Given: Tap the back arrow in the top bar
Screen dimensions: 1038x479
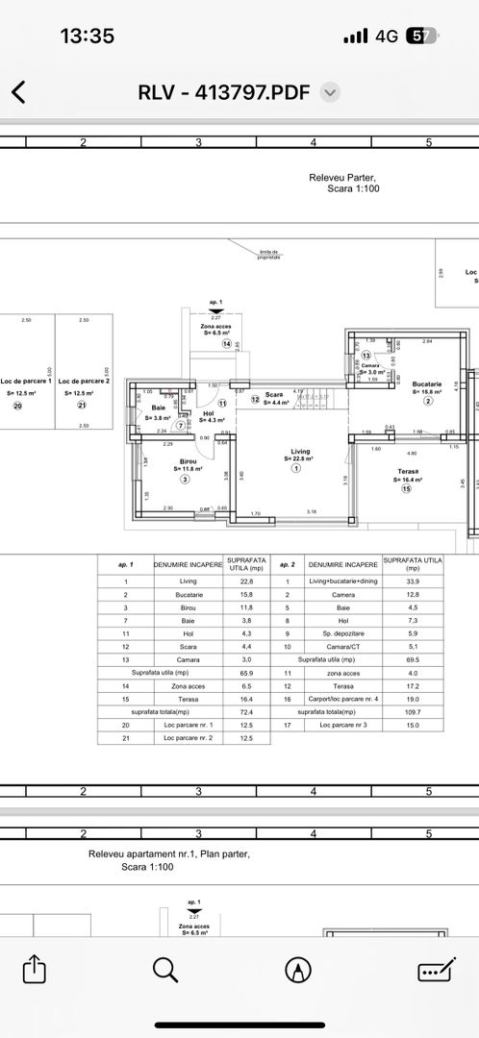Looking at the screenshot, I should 18,92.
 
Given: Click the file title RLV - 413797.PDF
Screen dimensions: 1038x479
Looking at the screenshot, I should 225,92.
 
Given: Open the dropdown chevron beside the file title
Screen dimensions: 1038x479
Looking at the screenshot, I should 330,92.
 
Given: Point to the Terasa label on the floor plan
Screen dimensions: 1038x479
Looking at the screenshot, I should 405,472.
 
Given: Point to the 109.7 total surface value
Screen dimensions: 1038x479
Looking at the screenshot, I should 413,712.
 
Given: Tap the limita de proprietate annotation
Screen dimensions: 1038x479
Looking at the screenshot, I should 269,255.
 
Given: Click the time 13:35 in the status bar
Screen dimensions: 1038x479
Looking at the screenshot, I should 87,36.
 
